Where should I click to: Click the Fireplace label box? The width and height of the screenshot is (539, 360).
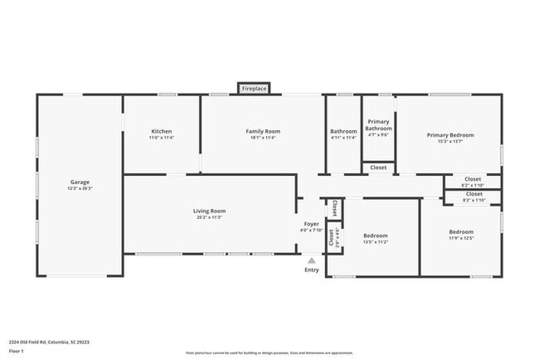click(254, 88)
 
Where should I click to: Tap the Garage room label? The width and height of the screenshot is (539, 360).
click(80, 182)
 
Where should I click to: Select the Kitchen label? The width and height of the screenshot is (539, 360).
click(161, 131)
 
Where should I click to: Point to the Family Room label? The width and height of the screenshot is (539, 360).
click(262, 131)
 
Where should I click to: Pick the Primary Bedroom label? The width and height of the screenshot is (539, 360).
click(450, 134)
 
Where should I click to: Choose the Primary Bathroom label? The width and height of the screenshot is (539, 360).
click(378, 124)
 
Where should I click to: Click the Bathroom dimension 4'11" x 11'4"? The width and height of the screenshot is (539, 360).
click(343, 138)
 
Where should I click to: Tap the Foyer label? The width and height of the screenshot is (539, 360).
click(312, 224)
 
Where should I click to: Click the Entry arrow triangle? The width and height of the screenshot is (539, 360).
click(312, 260)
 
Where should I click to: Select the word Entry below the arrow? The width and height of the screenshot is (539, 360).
click(312, 270)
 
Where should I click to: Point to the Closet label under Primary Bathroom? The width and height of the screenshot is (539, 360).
click(378, 168)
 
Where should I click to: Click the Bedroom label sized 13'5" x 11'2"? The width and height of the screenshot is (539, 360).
click(375, 236)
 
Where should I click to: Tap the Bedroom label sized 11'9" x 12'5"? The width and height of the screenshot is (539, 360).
click(461, 231)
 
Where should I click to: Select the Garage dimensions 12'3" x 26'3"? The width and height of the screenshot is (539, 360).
click(80, 188)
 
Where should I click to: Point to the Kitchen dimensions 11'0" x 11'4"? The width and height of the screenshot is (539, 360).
click(161, 138)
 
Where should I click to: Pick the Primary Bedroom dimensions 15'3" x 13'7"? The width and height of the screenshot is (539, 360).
click(450, 141)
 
